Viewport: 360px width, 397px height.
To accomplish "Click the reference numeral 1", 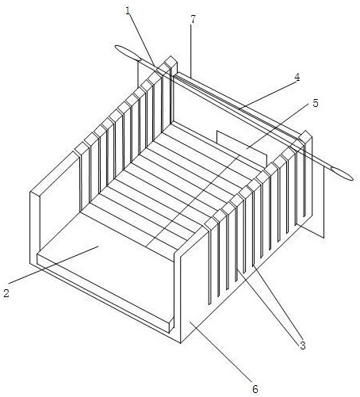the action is click(128, 11).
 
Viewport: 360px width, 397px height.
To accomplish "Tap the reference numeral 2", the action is click(6, 292).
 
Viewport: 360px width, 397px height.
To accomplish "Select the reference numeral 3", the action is click(302, 345).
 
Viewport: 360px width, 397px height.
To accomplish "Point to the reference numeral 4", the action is click(297, 78).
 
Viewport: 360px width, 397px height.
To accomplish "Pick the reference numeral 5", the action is click(316, 103).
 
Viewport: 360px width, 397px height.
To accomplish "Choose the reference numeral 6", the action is click(255, 388).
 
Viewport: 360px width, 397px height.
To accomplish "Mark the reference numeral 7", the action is click(193, 19).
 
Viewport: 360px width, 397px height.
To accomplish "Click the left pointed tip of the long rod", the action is click(115, 47).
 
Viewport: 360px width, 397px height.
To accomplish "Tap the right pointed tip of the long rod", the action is click(353, 178).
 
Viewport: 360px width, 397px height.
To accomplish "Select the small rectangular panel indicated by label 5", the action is click(242, 148).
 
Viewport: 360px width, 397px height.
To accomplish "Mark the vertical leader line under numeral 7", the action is click(190, 51).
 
